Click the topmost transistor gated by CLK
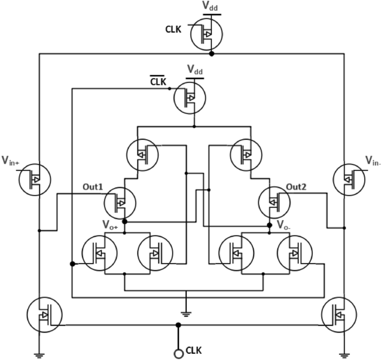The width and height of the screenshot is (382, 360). point(206,35)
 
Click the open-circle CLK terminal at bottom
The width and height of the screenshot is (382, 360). point(179,353)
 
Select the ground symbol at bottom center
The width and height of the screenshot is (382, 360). point(186,313)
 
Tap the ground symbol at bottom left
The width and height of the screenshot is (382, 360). point(39,354)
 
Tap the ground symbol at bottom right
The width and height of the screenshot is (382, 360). point(345,354)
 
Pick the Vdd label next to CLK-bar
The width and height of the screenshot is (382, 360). point(195,70)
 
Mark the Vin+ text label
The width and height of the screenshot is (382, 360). point(11,162)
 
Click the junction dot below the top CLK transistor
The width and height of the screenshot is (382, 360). point(211,54)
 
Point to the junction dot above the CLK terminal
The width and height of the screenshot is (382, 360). point(178,325)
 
